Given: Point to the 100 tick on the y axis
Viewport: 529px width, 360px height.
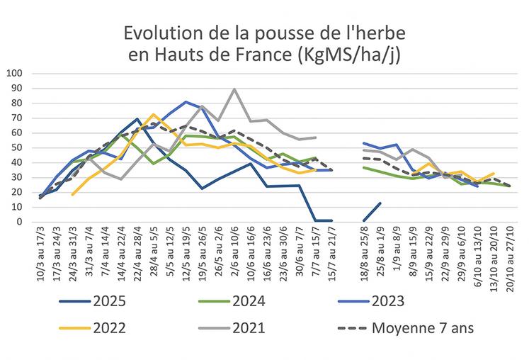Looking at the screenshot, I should click(x=15, y=73).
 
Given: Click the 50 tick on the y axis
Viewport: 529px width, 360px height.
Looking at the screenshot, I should click(x=18, y=147).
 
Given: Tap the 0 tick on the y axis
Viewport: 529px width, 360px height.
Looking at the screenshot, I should click(x=21, y=222).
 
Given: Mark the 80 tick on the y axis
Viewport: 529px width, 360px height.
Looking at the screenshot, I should click(x=18, y=103).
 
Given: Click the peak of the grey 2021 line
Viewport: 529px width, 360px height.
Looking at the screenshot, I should click(x=234, y=89).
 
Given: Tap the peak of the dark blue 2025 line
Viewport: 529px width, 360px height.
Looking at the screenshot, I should click(x=137, y=119).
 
